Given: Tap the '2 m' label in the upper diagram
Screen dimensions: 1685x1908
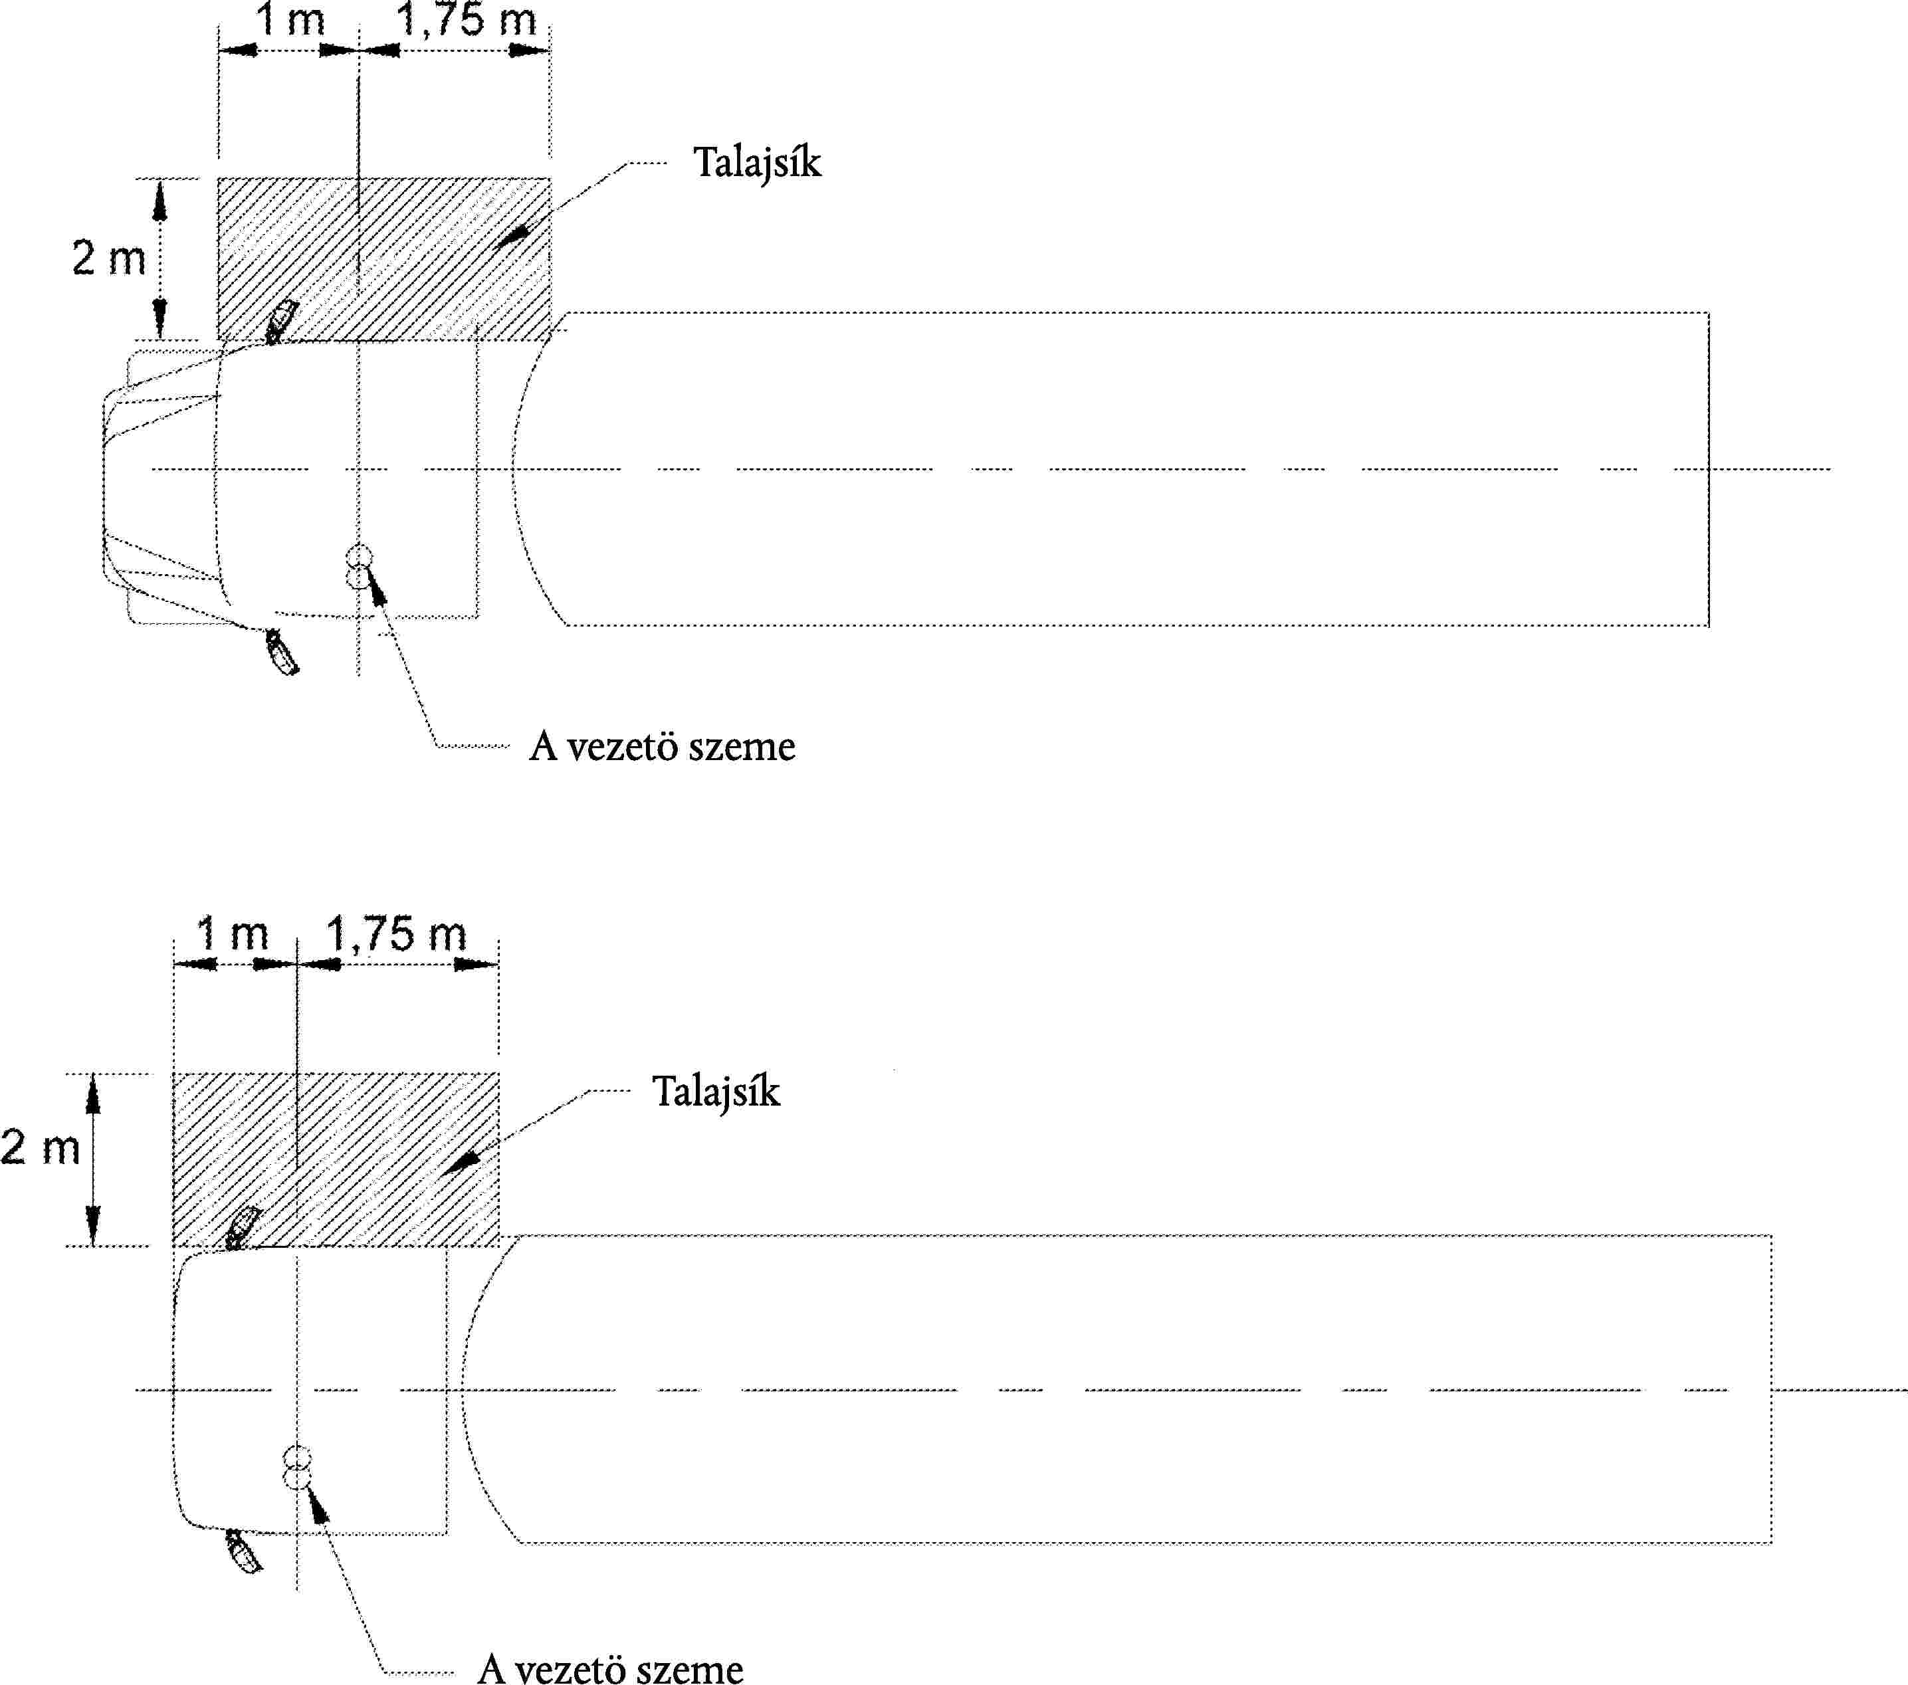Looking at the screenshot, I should click(109, 258).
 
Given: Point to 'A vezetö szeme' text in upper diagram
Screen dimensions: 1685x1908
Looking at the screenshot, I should click(662, 747).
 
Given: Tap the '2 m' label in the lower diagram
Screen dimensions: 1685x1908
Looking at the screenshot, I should click(40, 1146).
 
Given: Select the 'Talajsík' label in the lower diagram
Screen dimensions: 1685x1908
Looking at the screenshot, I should click(716, 1091).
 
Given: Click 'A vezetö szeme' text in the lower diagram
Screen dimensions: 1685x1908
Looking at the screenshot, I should click(611, 1668).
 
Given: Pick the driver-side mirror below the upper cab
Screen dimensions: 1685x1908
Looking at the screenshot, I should click(282, 652).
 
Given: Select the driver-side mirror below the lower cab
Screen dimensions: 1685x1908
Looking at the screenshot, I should click(245, 1551).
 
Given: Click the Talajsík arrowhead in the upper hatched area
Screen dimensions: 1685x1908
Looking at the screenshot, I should click(509, 236).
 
